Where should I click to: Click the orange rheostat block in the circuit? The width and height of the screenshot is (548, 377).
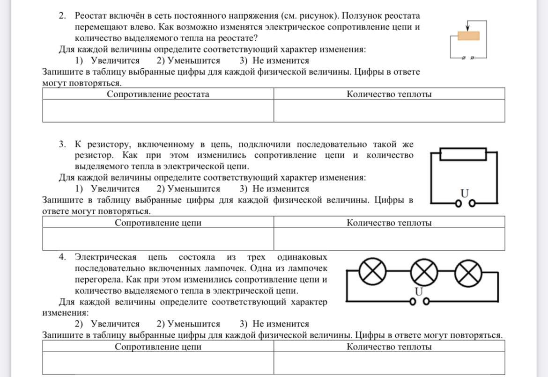tap(468, 36)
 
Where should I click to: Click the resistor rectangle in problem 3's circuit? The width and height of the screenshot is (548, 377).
tap(463, 154)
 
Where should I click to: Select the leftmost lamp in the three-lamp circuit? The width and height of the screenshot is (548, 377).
tap(373, 271)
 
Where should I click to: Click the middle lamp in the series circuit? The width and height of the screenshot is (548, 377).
tap(424, 271)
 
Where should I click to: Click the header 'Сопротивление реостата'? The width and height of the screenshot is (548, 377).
tap(158, 94)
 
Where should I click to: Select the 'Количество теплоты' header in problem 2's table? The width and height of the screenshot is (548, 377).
tap(389, 94)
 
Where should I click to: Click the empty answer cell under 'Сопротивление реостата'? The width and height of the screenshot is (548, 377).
tap(158, 111)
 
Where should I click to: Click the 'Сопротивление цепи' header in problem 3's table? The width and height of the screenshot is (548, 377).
tap(158, 223)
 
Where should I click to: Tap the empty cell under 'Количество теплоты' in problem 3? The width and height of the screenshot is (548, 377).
tap(389, 239)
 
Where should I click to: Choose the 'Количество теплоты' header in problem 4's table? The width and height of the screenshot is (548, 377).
tap(389, 347)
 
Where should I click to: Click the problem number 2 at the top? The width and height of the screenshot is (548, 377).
tap(62, 16)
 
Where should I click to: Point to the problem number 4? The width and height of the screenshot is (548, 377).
tap(62, 257)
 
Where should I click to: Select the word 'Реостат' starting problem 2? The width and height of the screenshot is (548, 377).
tap(93, 16)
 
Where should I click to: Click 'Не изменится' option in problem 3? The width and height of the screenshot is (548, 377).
tap(281, 189)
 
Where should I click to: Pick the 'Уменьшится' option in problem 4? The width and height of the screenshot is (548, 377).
tap(193, 324)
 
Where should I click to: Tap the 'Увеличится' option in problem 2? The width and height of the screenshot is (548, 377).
tap(115, 61)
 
